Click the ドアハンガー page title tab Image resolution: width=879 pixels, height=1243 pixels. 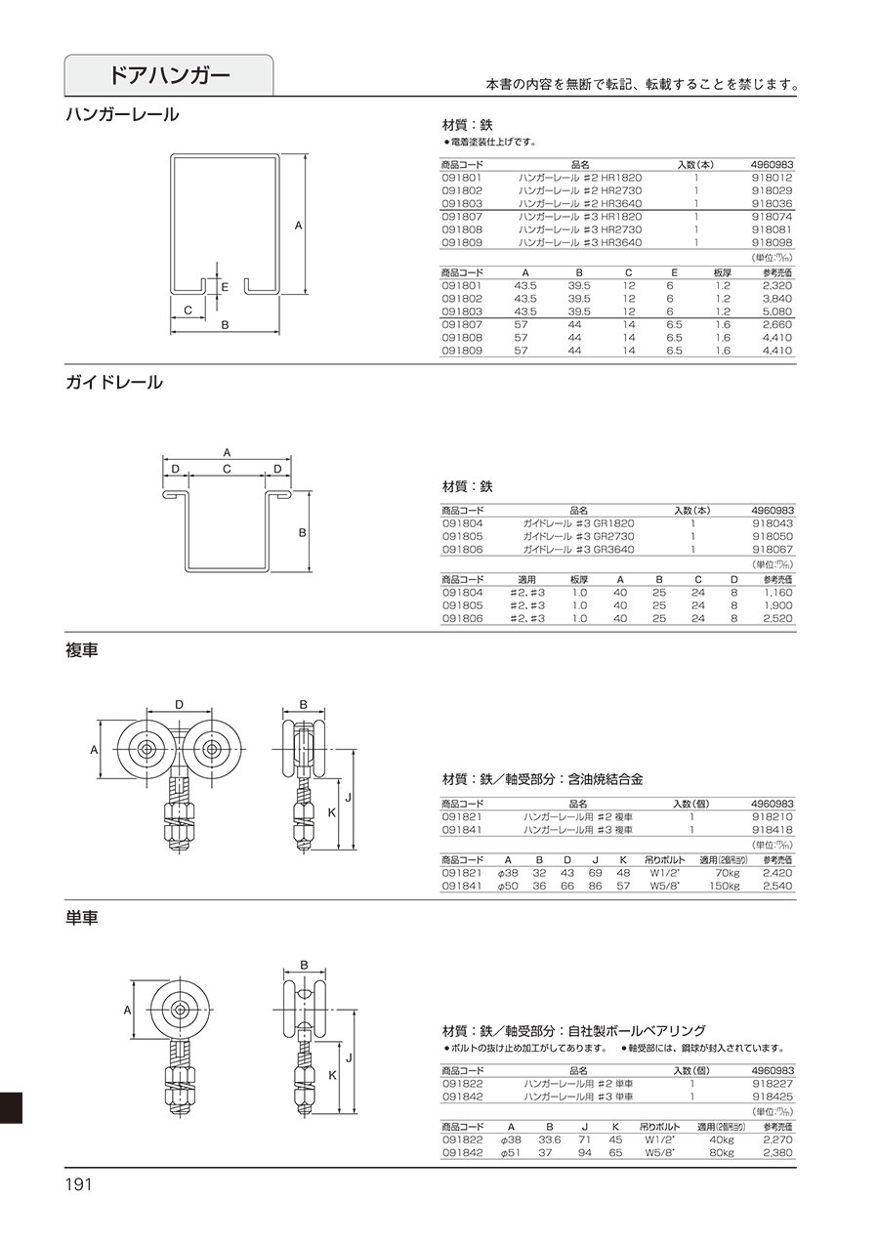point(169,75)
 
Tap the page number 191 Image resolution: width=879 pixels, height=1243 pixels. point(78,1184)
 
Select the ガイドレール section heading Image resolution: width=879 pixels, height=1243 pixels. point(114,383)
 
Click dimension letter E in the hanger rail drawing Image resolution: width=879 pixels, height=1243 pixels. point(225,287)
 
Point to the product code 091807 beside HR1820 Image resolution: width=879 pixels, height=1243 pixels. point(462,217)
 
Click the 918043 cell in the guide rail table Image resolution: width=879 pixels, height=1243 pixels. point(773,523)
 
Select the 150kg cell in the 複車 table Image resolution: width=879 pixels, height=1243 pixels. point(724,886)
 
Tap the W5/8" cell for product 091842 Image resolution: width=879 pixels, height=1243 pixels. point(657,1152)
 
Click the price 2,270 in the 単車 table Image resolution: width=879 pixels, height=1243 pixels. point(777,1139)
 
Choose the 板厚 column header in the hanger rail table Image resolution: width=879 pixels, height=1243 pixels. point(722,272)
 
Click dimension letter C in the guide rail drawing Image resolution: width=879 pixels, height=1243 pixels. point(227,469)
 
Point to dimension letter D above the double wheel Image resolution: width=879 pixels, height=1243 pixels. point(180,705)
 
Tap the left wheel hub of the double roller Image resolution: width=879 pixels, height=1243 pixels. point(147,749)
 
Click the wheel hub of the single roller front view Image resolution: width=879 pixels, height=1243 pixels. point(180,1010)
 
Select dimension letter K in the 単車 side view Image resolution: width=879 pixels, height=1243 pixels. point(332,1075)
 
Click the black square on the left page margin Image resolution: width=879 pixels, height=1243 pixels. point(11,1107)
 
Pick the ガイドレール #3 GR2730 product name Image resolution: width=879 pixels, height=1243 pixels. point(578,536)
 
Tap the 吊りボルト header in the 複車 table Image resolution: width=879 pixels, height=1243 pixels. point(665,859)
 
